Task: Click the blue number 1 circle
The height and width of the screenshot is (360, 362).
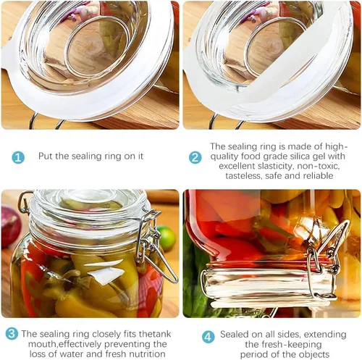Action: click(x=18, y=157)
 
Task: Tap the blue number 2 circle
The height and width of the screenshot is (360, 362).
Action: click(x=195, y=157)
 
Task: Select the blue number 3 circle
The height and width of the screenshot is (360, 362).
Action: click(x=12, y=334)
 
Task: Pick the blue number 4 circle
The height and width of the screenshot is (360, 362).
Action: click(x=208, y=337)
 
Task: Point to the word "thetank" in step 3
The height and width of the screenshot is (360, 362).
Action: click(x=155, y=334)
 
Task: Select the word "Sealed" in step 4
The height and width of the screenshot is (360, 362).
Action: click(x=234, y=335)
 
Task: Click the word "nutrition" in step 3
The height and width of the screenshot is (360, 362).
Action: click(x=147, y=354)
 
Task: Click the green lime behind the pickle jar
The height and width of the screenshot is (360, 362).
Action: click(x=167, y=235)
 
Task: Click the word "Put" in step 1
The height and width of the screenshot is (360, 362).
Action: click(x=46, y=156)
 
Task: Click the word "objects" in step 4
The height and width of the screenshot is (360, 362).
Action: click(x=313, y=354)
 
